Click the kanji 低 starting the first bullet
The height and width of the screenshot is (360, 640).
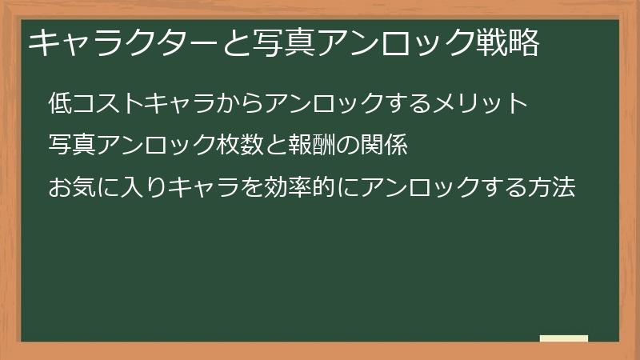(x=62, y=103)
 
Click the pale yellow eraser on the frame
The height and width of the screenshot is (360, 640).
(x=563, y=338)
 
